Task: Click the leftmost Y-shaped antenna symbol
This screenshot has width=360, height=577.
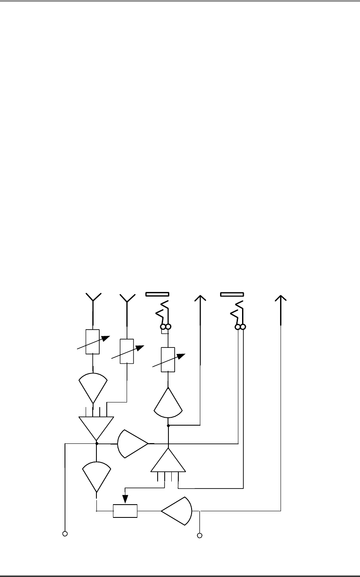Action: tap(93, 298)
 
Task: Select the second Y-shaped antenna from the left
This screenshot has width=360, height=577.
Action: tap(127, 298)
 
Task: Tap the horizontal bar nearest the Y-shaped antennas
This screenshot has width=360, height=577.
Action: tap(157, 294)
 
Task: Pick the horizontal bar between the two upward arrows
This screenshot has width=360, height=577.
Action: tap(232, 294)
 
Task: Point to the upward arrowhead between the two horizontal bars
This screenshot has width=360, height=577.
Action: tap(200, 299)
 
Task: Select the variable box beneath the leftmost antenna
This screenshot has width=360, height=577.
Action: tap(92, 342)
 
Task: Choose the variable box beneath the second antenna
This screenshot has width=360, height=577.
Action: tap(127, 351)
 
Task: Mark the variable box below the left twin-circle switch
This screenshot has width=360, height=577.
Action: tap(168, 360)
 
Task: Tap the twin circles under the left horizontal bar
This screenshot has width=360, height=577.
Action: tap(166, 328)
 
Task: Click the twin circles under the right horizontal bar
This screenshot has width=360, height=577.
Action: tap(240, 327)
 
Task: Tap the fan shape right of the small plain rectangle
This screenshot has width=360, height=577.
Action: tap(177, 511)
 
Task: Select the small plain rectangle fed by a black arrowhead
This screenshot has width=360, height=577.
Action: tap(125, 511)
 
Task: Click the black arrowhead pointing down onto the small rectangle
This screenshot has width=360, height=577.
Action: tap(125, 500)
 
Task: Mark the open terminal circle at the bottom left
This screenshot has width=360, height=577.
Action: tap(65, 534)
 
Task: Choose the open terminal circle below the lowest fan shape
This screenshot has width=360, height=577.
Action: tap(199, 536)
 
